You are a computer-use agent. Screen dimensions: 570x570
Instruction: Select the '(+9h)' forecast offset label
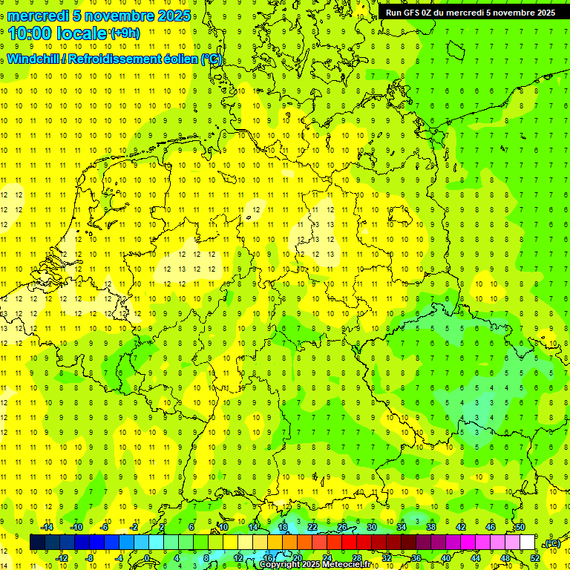click(x=124, y=33)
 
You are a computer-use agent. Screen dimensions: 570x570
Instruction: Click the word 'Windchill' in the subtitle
click(x=36, y=59)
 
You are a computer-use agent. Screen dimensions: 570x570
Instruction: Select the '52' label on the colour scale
click(x=534, y=557)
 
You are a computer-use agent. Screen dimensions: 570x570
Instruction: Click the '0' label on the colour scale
click(x=148, y=557)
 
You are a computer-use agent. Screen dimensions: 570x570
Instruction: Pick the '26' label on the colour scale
click(x=342, y=527)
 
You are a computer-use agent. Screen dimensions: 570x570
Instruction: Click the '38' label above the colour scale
click(x=431, y=527)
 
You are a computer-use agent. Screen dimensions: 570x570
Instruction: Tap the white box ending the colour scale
click(x=527, y=543)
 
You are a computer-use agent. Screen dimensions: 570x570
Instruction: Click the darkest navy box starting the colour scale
click(x=37, y=543)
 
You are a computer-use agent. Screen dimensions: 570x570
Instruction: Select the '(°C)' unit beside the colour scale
click(x=551, y=543)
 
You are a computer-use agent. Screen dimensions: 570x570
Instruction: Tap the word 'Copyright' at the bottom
click(x=282, y=565)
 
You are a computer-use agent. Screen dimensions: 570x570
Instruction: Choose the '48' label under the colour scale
click(x=505, y=557)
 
